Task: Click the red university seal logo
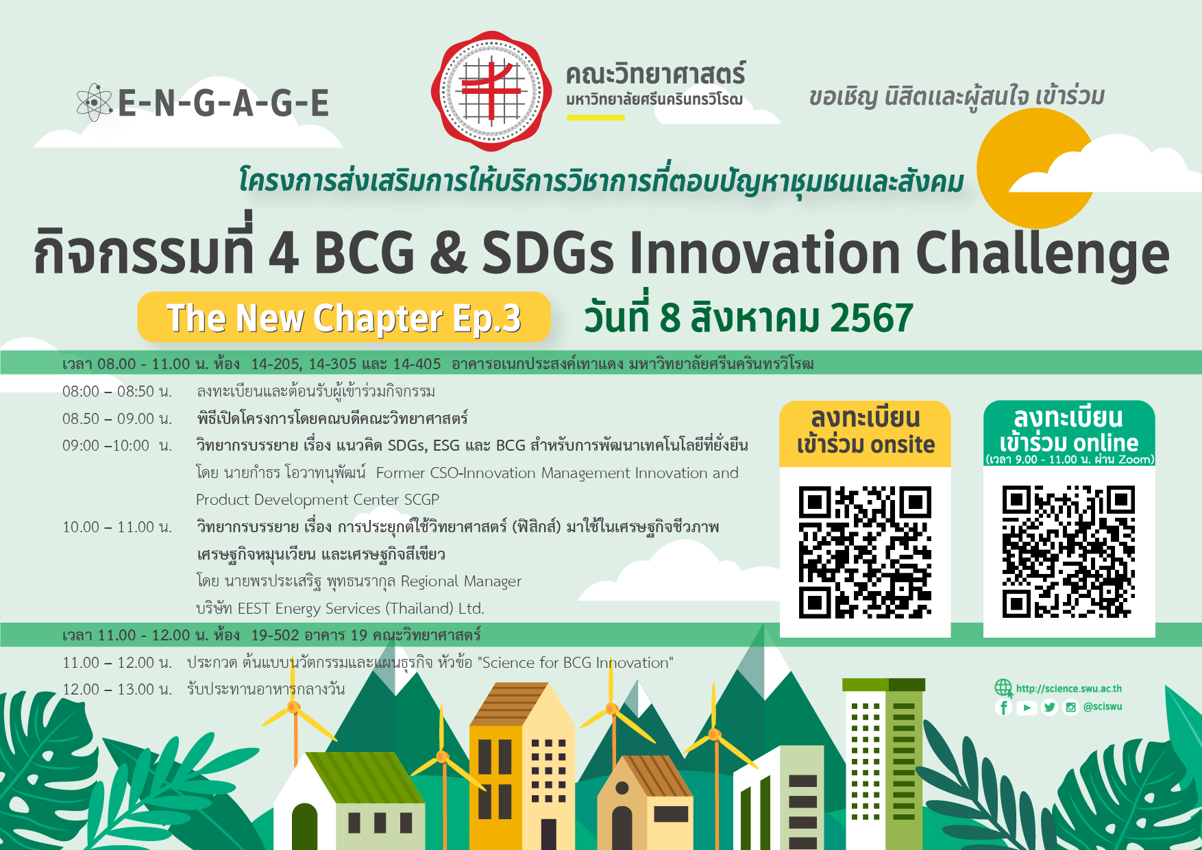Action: (x=491, y=91)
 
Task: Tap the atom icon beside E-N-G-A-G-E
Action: (x=94, y=103)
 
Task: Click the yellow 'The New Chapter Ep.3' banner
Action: (x=344, y=317)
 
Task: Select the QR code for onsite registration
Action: (x=865, y=552)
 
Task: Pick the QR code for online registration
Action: (x=1068, y=552)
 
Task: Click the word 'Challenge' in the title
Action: (x=1042, y=253)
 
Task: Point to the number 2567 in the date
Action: (x=872, y=318)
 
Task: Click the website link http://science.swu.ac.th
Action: (x=1069, y=688)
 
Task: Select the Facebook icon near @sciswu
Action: (x=1004, y=708)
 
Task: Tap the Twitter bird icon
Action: (x=1049, y=708)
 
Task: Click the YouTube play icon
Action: (x=1027, y=708)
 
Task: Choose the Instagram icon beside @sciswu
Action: (x=1070, y=708)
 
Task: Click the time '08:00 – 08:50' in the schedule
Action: (x=108, y=392)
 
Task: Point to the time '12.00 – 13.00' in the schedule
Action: (x=108, y=690)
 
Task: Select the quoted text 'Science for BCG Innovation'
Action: (x=576, y=663)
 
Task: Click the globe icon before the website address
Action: (x=1003, y=688)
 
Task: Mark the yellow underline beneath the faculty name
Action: (x=596, y=117)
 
